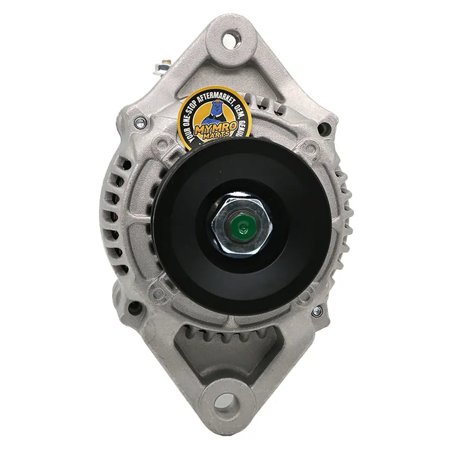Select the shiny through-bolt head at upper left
click(x=139, y=121)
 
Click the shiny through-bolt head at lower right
click(x=317, y=311)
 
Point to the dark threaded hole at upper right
click(x=325, y=128)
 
